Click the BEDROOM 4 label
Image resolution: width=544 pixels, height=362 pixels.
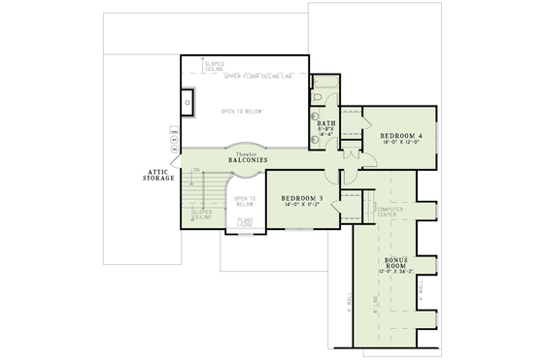pos(400,135)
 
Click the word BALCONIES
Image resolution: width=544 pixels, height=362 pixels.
pos(249,159)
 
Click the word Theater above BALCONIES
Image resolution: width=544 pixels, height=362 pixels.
pos(249,152)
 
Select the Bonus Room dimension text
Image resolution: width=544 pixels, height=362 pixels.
pos(394,272)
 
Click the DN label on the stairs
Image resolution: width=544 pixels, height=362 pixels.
pos(195,171)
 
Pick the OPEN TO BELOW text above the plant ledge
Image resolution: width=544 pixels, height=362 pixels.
pos(244,201)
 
